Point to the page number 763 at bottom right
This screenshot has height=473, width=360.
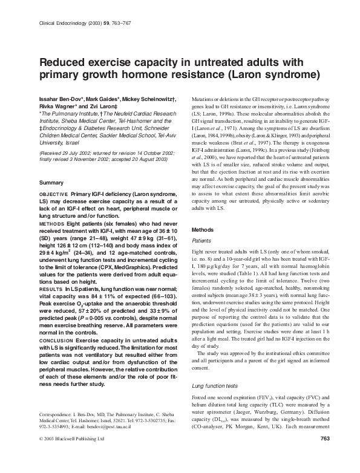tap(324, 455)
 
